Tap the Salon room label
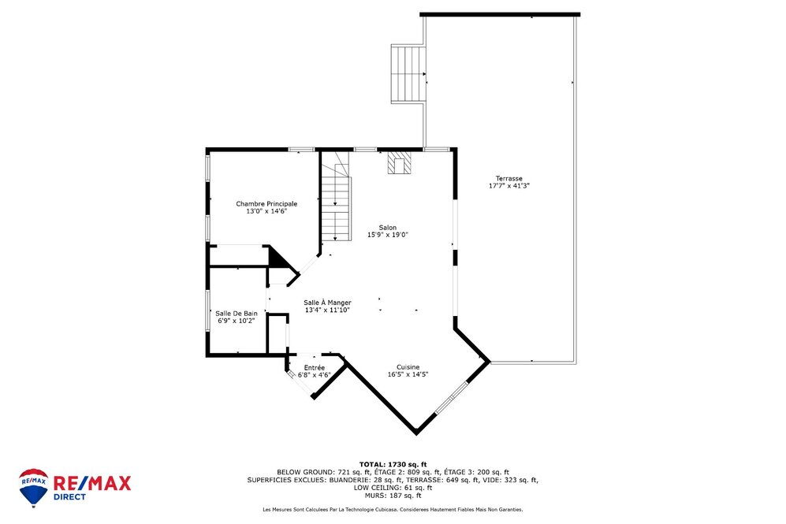[x=387, y=227]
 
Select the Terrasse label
[x=508, y=178]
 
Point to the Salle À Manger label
[x=327, y=303]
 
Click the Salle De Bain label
[x=236, y=313]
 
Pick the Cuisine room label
[x=408, y=366]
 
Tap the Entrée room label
[x=314, y=368]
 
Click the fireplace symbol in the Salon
[x=399, y=163]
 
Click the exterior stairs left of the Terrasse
[x=408, y=73]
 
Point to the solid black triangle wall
[x=277, y=257]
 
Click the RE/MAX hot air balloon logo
[x=33, y=487]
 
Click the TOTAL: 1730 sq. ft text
[x=393, y=464]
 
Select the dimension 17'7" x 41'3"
[x=508, y=186]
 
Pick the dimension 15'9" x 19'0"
[x=387, y=235]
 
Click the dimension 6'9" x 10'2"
[x=236, y=321]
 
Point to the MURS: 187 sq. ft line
[x=393, y=495]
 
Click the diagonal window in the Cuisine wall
[x=452, y=397]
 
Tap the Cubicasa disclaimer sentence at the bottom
[x=393, y=510]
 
